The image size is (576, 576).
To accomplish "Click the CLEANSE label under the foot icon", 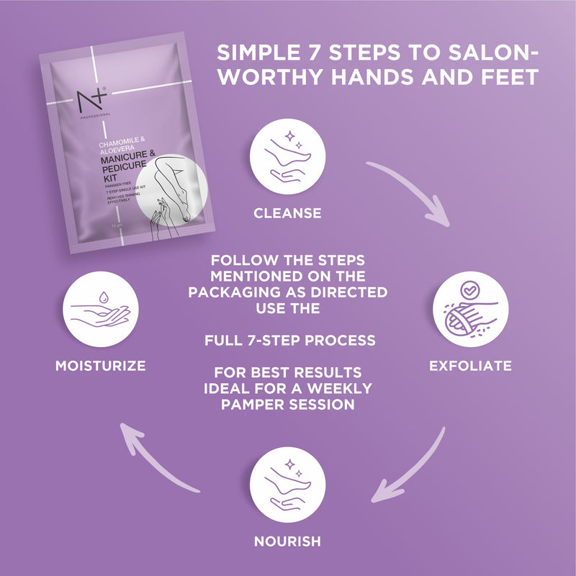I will pos(287,213).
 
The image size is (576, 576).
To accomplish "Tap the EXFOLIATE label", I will pos(470,366).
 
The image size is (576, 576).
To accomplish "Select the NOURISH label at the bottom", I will pos(287,540).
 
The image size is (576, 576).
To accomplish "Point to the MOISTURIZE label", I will pos(100,366).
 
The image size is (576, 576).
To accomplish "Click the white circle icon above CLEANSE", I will pos(287,157).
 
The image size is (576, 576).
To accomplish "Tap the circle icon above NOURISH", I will pos(287,483).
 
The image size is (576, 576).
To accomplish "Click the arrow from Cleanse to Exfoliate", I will pos(415,191).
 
